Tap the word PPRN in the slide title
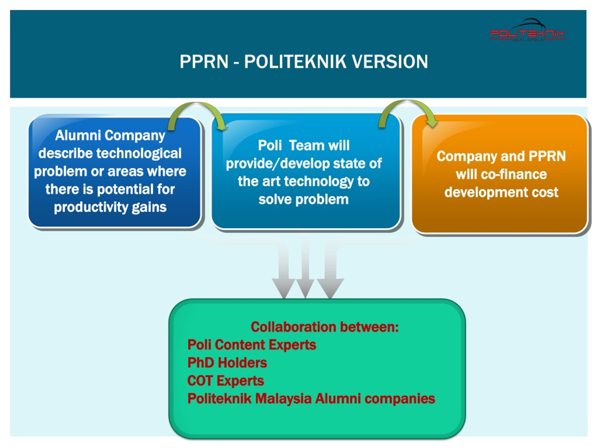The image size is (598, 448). tap(204, 62)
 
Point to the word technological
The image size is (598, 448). tap(139, 153)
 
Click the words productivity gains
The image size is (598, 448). tap(110, 208)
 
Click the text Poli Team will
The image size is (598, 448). tap(304, 145)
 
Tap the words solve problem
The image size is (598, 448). tap(303, 199)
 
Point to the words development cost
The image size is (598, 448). tap(501, 192)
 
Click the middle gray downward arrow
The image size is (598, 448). tap(305, 269)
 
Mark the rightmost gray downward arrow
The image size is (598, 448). tap(330, 269)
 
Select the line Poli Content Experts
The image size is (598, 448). tap(252, 345)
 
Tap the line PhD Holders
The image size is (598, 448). tap(227, 363)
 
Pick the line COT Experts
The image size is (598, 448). tap(225, 381)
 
